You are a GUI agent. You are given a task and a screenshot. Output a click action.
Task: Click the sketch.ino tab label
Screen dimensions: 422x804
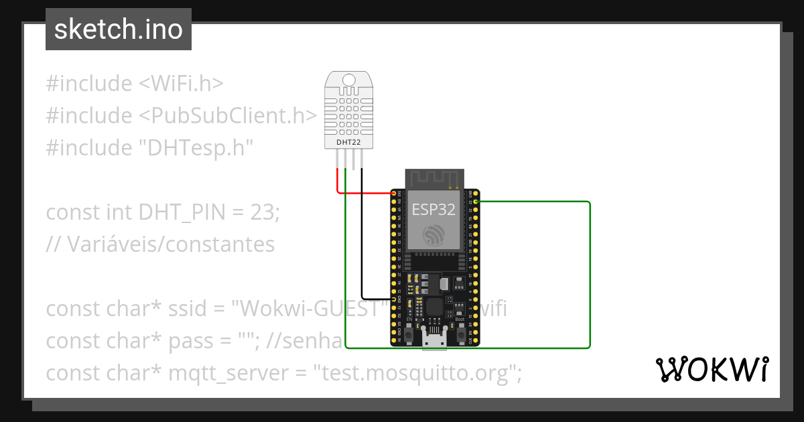click(x=118, y=29)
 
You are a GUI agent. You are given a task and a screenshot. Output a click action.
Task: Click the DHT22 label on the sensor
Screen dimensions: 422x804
click(x=348, y=143)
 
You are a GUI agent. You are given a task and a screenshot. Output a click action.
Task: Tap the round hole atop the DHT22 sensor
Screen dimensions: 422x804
click(x=348, y=80)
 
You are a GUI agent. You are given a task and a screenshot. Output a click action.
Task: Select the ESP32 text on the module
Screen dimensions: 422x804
click(x=433, y=210)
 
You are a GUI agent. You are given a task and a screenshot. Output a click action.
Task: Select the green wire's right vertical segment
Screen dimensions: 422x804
click(x=590, y=275)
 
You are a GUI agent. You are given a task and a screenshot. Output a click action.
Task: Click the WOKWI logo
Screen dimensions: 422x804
click(x=711, y=369)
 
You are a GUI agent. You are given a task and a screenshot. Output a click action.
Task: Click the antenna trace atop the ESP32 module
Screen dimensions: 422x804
click(x=434, y=178)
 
